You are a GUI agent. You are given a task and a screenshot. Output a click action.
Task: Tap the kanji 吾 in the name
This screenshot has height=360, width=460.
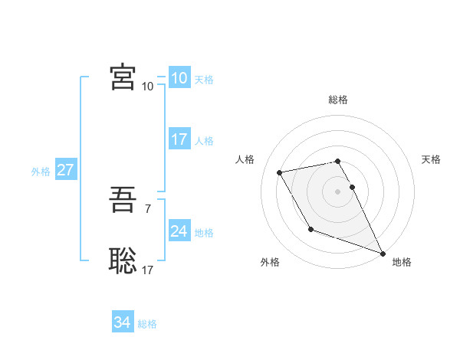click(123, 203)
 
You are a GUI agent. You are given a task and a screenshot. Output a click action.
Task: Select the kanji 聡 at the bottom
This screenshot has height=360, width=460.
click(123, 260)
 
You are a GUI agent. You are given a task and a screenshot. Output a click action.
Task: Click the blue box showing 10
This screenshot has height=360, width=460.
click(179, 78)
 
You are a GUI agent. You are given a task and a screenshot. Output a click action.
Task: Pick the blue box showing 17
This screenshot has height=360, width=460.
click(179, 139)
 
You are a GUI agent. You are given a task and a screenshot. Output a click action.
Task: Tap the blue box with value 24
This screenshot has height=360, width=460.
click(179, 231)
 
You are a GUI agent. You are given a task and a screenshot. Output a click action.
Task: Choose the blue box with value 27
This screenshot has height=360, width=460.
click(65, 170)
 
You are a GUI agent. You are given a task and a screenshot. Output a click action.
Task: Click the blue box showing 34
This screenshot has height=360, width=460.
click(122, 322)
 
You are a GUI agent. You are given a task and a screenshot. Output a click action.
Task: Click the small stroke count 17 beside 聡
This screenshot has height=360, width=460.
click(147, 269)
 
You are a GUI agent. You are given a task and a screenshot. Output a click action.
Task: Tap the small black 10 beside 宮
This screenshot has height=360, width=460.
click(147, 86)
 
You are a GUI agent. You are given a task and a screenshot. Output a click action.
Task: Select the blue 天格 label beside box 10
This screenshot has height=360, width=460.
click(204, 80)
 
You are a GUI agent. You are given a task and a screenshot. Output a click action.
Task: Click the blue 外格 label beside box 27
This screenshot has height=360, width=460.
click(41, 172)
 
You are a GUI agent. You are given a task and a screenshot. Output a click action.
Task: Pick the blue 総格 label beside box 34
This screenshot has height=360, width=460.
click(147, 324)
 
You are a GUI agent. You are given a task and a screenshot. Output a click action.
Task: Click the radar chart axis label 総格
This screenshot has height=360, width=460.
click(338, 100)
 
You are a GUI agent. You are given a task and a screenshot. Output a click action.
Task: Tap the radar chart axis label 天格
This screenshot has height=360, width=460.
click(432, 159)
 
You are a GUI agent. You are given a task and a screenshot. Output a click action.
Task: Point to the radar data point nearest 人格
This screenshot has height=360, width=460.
click(280, 172)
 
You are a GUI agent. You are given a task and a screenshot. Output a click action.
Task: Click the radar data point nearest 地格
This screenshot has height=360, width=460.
click(383, 254)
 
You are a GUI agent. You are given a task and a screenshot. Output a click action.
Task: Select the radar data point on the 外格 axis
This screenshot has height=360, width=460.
click(310, 229)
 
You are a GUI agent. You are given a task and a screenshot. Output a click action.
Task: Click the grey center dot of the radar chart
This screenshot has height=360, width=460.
click(338, 191)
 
